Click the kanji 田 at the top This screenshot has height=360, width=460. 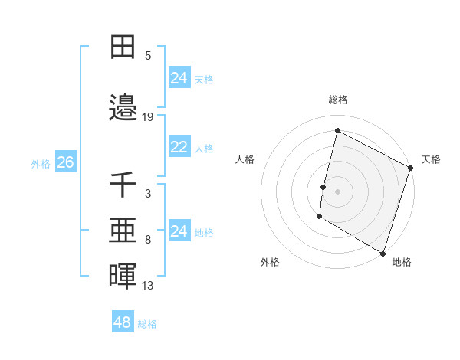click(123, 47)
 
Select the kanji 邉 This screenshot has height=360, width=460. click(123, 109)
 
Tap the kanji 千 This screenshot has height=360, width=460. click(123, 185)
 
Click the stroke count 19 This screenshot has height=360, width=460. click(148, 117)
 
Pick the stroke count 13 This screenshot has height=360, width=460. click(148, 286)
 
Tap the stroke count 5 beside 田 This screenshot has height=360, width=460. click(148, 56)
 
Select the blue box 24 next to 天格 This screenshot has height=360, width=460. click(179, 77)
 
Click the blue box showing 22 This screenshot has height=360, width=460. click(179, 146)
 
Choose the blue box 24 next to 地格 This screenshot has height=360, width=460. click(179, 231)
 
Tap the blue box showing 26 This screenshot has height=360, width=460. click(66, 162)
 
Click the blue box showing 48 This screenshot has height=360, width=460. click(123, 322)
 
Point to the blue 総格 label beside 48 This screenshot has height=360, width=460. click(148, 324)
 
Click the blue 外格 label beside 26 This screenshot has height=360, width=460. click(41, 163)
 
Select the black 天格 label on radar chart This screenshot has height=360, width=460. click(431, 159)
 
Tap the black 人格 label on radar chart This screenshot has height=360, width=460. click(245, 159)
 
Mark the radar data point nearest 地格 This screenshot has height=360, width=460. click(383, 253)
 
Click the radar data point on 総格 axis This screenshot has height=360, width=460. click(337, 130)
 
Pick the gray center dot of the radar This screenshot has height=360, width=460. click(337, 191)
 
